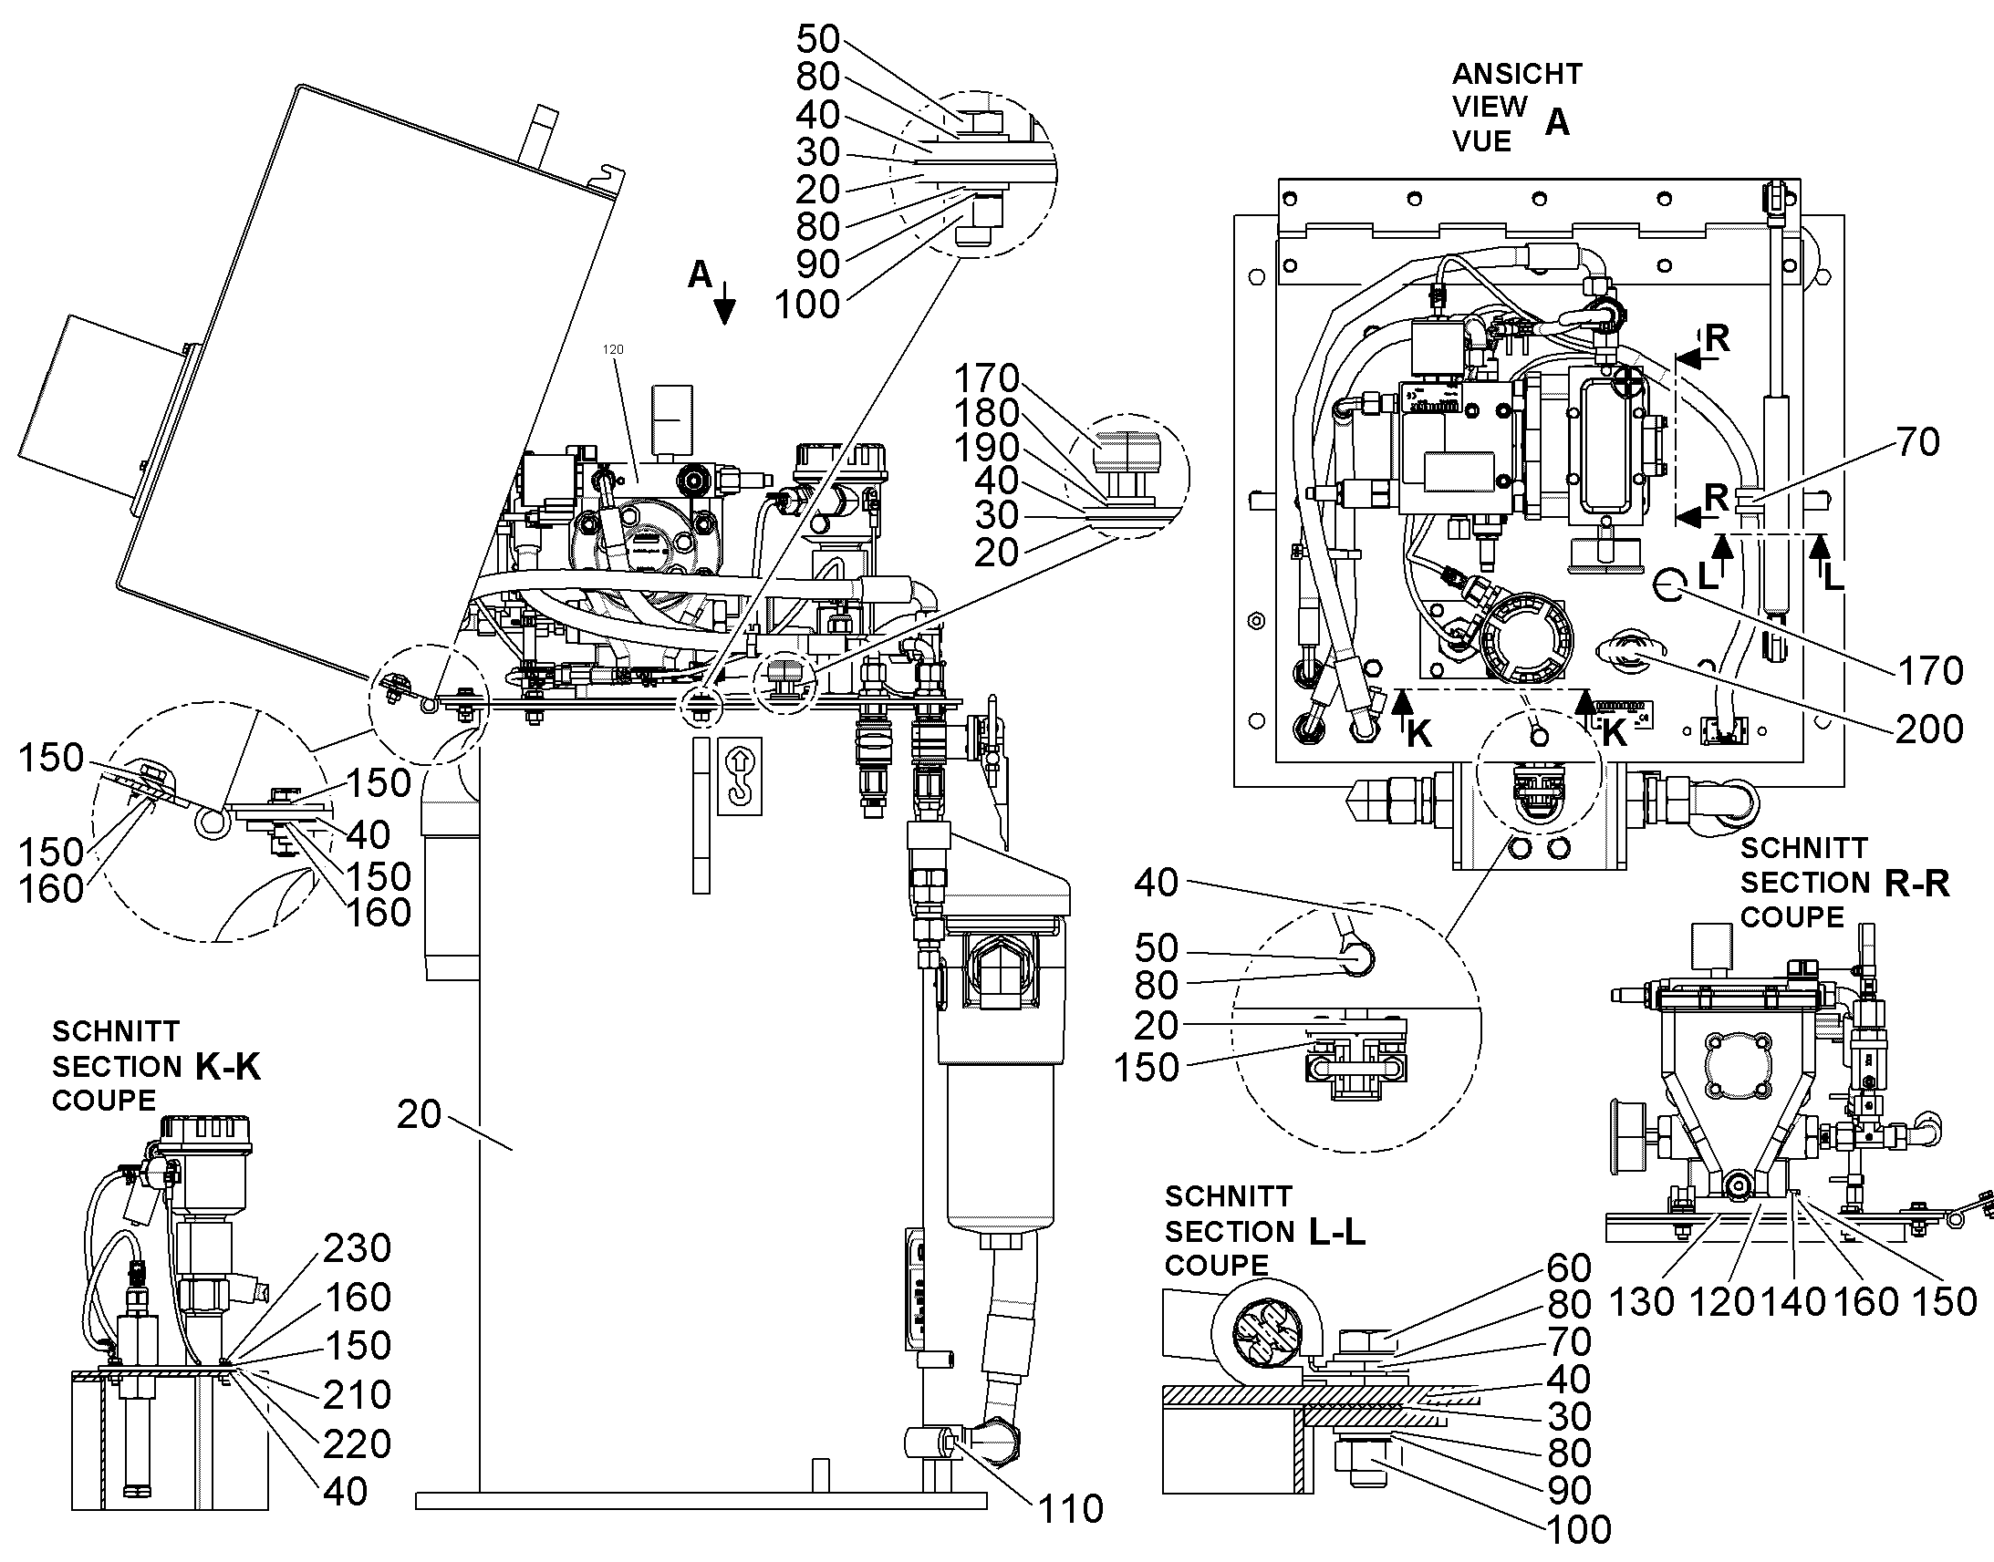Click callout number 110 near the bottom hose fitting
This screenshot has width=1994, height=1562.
point(1070,1510)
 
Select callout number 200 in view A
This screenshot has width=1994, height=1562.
point(1929,729)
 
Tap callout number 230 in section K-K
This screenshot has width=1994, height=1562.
point(357,1248)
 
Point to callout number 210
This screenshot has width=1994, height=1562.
point(357,1395)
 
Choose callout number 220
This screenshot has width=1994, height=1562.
point(357,1445)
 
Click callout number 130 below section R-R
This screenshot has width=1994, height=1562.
point(1643,1301)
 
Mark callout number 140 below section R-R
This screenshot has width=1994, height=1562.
point(1793,1301)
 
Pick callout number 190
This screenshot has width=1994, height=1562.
point(986,448)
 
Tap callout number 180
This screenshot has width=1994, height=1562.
point(986,413)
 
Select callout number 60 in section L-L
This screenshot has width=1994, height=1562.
point(1570,1268)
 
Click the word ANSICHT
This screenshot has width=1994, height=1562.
point(1518,73)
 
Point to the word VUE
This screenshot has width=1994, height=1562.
point(1481,141)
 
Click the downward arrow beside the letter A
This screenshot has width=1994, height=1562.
point(724,304)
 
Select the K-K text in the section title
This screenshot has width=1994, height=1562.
point(228,1066)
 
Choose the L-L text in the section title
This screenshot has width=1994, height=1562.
point(1337,1232)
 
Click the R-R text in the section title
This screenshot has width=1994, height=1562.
point(1917,884)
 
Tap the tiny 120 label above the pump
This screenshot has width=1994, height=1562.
point(613,349)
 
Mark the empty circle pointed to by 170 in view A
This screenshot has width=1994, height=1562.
point(1669,584)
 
